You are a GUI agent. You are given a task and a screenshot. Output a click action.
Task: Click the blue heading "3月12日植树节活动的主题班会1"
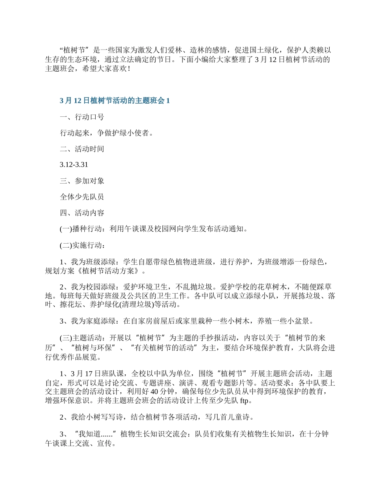coord(114,101)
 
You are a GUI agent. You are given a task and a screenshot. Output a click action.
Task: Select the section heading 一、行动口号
coord(82,117)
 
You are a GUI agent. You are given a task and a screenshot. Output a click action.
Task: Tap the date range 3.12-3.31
coord(74,165)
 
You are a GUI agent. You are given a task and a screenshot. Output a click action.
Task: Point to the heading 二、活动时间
coord(82,149)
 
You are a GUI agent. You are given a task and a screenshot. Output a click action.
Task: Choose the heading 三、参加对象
coord(82,181)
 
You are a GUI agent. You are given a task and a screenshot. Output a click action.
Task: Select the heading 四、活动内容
coord(82,213)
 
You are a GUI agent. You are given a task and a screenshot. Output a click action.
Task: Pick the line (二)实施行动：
coord(83,245)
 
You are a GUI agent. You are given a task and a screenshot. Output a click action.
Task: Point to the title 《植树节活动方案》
coord(110,270)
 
